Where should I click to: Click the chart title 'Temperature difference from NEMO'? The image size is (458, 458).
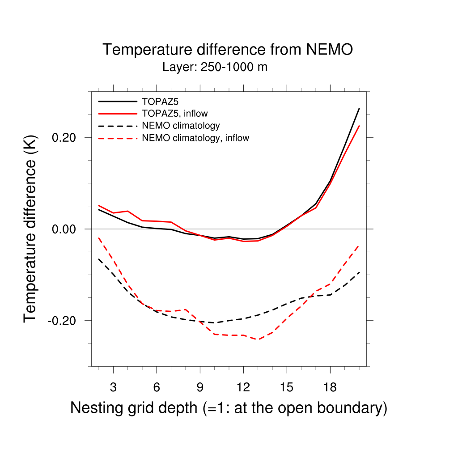(x=228, y=50)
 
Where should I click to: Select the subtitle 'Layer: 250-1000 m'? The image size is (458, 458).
(x=215, y=68)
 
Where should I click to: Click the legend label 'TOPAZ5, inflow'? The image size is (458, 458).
(x=174, y=113)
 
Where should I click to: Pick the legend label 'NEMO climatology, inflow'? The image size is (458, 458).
(x=195, y=138)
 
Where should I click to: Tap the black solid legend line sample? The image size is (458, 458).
(x=117, y=101)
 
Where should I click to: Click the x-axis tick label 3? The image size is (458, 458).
(x=113, y=386)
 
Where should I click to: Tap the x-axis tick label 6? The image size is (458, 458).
(x=157, y=386)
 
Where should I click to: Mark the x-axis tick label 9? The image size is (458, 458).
(x=200, y=386)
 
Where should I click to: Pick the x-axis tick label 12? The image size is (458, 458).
(x=243, y=386)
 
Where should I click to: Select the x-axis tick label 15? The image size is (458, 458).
(x=286, y=386)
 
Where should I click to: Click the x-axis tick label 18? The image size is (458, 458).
(x=330, y=386)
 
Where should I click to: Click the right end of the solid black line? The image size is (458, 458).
(x=359, y=108)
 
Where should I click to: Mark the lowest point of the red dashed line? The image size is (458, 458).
(x=258, y=339)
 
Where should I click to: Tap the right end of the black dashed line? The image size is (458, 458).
(x=359, y=272)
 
